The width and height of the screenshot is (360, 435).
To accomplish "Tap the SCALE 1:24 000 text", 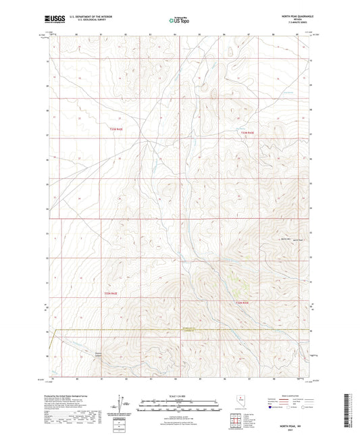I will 180,395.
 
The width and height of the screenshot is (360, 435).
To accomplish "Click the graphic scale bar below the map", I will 180,403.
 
